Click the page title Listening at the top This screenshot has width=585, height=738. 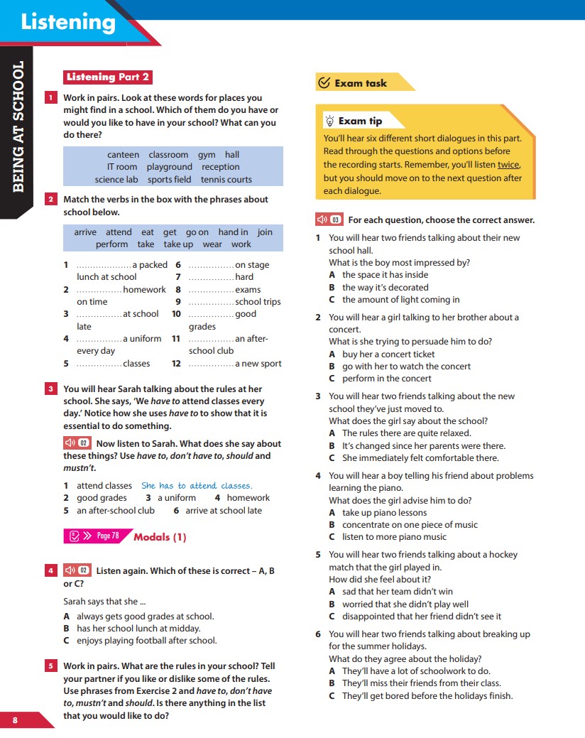click(68, 22)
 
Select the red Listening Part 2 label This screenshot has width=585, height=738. click(107, 77)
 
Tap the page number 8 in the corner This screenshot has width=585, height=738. click(15, 720)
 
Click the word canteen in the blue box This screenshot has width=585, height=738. click(123, 155)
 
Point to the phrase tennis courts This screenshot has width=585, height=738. click(226, 180)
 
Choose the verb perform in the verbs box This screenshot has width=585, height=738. click(112, 244)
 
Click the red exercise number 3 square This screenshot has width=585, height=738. click(50, 389)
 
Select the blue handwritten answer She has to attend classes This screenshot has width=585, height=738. click(197, 486)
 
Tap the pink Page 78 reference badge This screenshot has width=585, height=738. click(95, 536)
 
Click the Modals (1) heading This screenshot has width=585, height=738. click(160, 537)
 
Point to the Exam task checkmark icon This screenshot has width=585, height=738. click(324, 83)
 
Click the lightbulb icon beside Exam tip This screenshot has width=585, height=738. click(329, 121)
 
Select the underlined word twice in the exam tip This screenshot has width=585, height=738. click(508, 165)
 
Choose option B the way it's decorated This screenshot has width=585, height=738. click(385, 288)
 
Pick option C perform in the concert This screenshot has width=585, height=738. click(386, 379)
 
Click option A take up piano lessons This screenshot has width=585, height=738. click(384, 513)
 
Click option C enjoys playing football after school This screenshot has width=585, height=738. click(146, 641)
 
